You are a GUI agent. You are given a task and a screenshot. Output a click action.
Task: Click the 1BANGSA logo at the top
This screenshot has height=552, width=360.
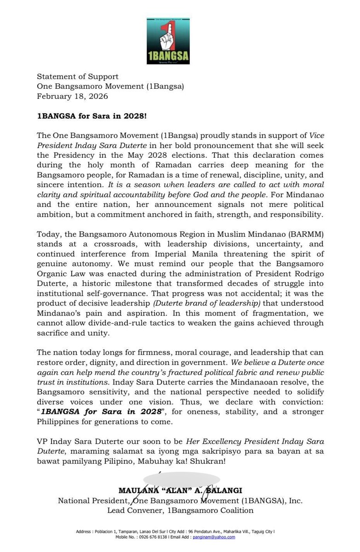tap(168, 41)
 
